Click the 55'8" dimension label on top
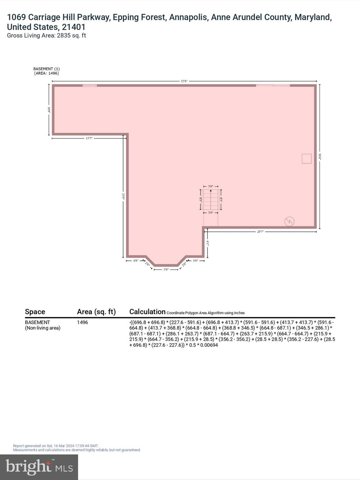[x=184, y=81]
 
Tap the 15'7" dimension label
[x=89, y=138]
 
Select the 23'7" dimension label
[x=260, y=232]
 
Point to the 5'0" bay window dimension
[x=166, y=269]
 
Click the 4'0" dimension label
[x=136, y=260]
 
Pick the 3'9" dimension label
[x=195, y=260]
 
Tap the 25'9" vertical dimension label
[x=123, y=196]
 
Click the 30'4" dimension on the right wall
[x=320, y=156]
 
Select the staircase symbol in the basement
[x=211, y=199]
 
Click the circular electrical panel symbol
[x=289, y=221]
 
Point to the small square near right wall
[x=307, y=159]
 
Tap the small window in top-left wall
[x=90, y=86]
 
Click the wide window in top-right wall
[x=273, y=85]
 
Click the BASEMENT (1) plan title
[x=46, y=69]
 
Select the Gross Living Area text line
[x=46, y=36]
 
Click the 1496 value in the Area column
[x=82, y=322]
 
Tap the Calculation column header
[x=147, y=312]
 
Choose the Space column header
[x=35, y=312]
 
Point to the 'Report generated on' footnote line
[x=56, y=446]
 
